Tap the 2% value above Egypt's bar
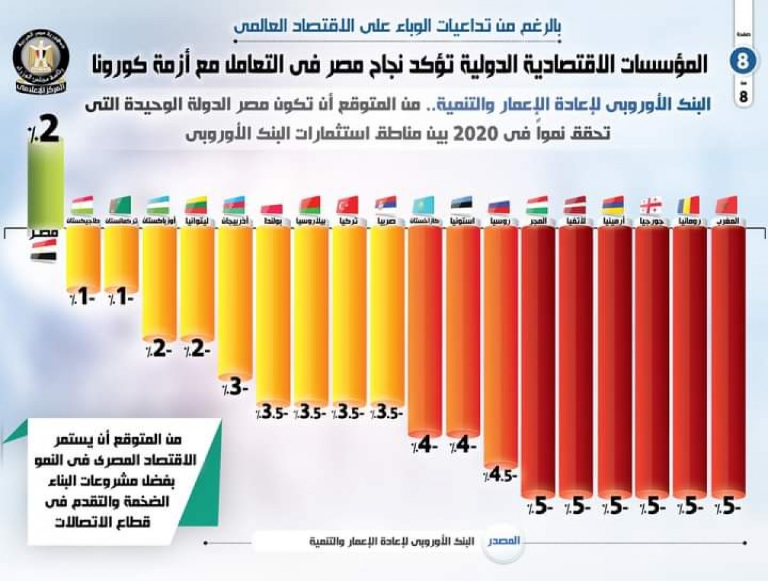[x=45, y=128]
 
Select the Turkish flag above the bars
[x=348, y=205]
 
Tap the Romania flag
[x=689, y=205]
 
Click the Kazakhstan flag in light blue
[x=424, y=205]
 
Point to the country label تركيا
[x=349, y=221]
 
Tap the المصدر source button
[x=501, y=540]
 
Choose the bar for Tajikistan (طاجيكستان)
[x=83, y=256]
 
